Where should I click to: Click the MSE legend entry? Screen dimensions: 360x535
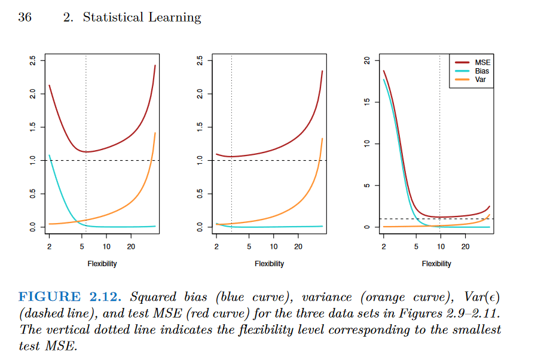pyautogui.click(x=482, y=63)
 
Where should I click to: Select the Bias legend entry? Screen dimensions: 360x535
pyautogui.click(x=482, y=71)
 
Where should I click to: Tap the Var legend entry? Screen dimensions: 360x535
pyautogui.click(x=481, y=78)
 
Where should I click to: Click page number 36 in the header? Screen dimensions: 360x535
pyautogui.click(x=25, y=17)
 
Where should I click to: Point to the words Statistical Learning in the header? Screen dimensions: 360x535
pyautogui.click(x=142, y=17)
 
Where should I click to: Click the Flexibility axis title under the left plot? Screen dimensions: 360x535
pyautogui.click(x=102, y=263)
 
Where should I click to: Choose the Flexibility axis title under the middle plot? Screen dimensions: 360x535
pyautogui.click(x=270, y=263)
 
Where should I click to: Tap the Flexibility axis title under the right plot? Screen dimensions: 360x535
pyautogui.click(x=437, y=263)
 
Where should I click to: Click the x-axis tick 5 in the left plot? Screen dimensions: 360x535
pyautogui.click(x=82, y=246)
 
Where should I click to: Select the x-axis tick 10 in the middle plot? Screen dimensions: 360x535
pyautogui.click(x=273, y=246)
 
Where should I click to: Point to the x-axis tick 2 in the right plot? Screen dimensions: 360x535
pyautogui.click(x=384, y=246)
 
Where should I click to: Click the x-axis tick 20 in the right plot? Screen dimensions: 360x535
pyautogui.click(x=464, y=246)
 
